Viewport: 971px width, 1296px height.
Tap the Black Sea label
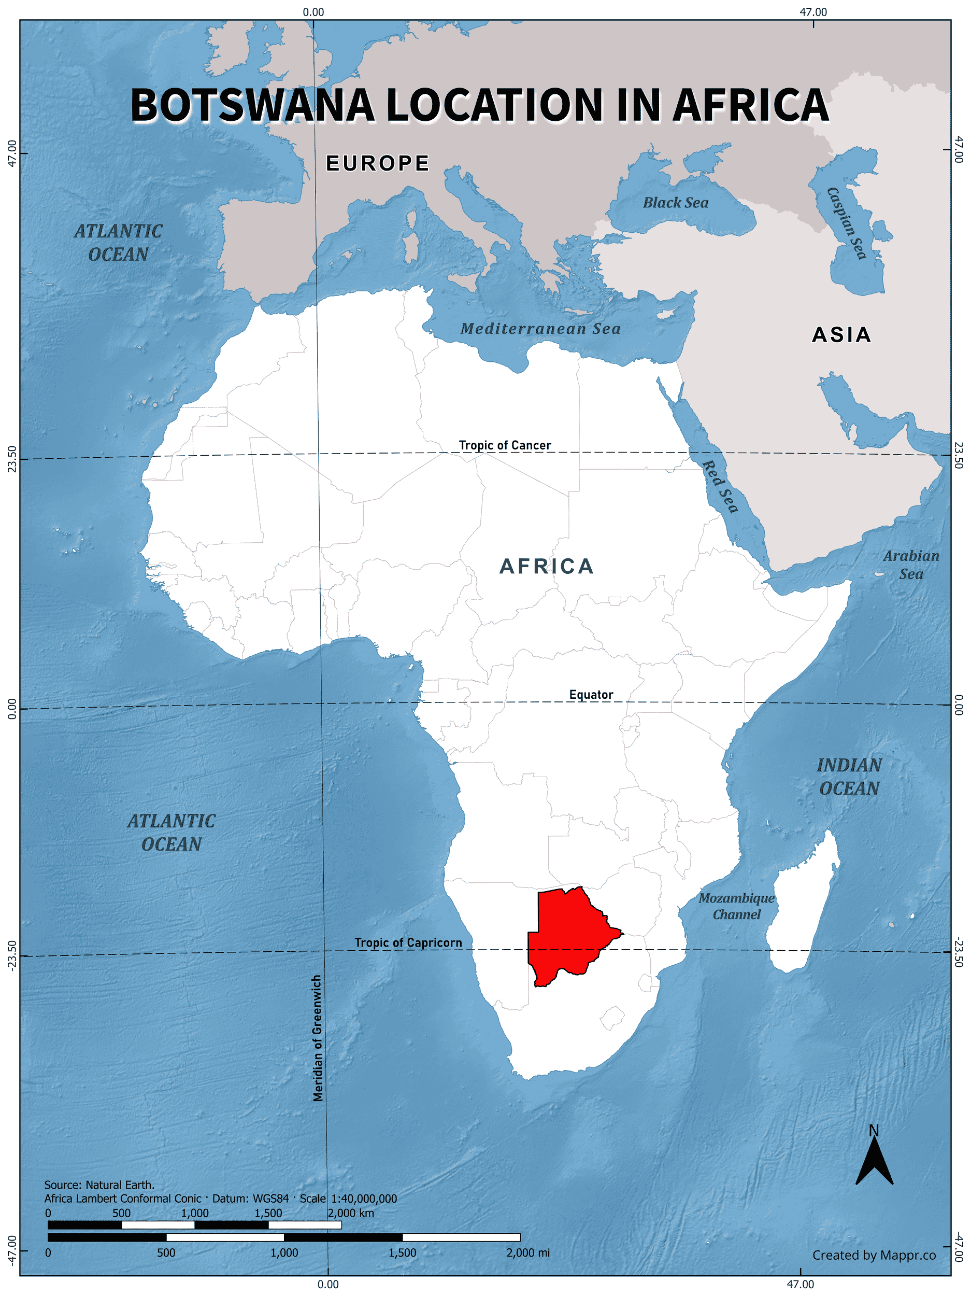pos(675,203)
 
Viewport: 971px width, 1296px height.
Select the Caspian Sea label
pos(846,223)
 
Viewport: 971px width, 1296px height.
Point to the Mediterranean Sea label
pos(540,329)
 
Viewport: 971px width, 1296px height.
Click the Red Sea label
pos(720,486)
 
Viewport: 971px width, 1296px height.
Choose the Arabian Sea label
pos(911,565)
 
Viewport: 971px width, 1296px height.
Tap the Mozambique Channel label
pos(736,906)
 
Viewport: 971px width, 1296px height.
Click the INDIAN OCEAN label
pos(849,777)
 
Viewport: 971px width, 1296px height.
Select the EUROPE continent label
pos(378,163)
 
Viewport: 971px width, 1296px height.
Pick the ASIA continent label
pos(841,335)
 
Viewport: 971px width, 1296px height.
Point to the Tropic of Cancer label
pos(505,445)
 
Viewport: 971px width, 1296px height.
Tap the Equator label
pos(591,695)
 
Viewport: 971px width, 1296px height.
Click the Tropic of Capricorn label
pos(408,942)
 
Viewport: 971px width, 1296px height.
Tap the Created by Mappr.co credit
pos(874,1255)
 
